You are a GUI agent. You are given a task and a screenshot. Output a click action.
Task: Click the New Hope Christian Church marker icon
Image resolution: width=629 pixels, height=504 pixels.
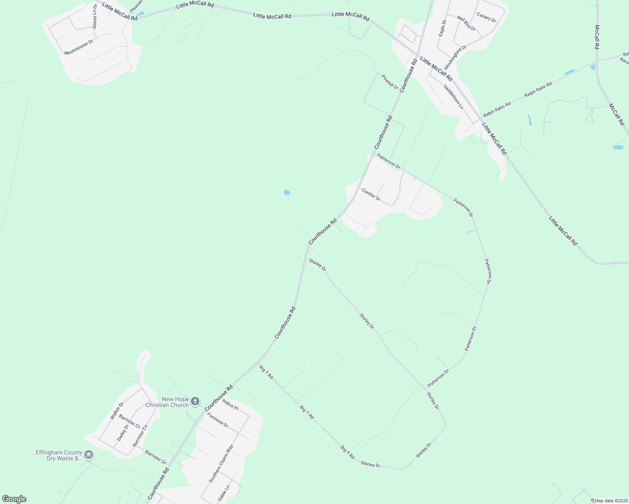coord(195,402)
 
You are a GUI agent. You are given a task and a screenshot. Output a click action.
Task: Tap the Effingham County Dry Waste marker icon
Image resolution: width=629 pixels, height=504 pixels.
coord(89,455)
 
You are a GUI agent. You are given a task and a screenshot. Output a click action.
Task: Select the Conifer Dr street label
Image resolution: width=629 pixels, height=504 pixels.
coord(371,194)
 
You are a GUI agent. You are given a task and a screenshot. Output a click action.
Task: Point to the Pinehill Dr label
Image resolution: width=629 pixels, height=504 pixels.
coord(390,81)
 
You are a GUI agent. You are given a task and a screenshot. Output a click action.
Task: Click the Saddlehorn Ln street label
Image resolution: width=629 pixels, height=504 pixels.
coord(453,97)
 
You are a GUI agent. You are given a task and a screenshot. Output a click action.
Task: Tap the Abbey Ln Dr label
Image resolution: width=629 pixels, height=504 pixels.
coord(95,17)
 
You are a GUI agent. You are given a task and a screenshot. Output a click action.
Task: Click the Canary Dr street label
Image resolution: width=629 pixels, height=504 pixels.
coord(486,17)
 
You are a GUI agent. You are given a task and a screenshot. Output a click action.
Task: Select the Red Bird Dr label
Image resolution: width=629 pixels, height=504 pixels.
coord(466,24)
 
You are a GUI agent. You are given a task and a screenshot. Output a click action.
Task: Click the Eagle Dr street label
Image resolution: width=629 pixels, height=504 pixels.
coord(442,28)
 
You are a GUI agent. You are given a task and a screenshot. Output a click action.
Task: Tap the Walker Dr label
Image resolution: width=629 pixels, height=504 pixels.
coord(117,411)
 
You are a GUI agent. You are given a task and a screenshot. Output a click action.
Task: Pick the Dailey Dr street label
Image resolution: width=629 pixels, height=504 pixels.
coord(123,433)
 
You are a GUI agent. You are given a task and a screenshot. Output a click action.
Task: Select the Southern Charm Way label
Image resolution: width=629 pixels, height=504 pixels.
coord(221,464)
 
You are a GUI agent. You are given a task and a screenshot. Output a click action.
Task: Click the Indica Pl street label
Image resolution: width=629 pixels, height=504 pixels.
coord(230,404)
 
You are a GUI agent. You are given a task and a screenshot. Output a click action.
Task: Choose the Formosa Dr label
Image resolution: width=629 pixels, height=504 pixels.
coord(218,420)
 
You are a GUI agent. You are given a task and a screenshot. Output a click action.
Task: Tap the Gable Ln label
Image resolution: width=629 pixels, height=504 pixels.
coord(224,493)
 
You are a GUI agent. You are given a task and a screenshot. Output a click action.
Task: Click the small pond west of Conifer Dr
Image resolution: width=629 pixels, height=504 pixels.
coord(287,192)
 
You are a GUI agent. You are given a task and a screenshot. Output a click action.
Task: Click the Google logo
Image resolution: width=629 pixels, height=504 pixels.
coord(14,499)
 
